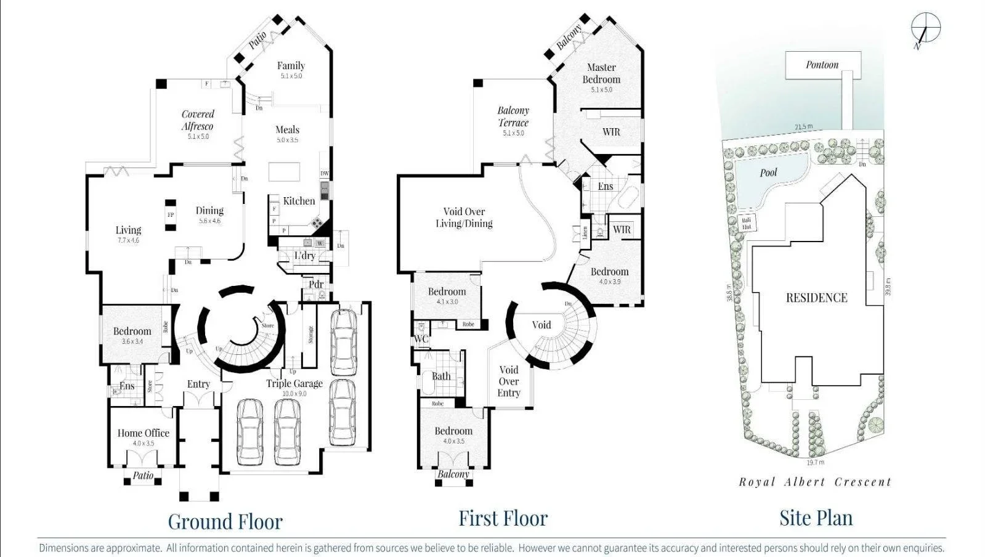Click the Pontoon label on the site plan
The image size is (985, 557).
(x=822, y=65)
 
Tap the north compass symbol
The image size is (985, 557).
(x=926, y=28)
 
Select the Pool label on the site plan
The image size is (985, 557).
(x=768, y=173)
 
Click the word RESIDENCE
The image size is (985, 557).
(x=816, y=298)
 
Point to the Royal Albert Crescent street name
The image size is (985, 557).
(x=815, y=482)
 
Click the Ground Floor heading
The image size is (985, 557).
(x=225, y=521)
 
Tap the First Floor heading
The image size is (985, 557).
(x=503, y=518)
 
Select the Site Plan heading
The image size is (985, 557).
(x=816, y=518)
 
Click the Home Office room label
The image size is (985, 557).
(x=143, y=433)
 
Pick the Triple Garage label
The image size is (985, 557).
(x=294, y=383)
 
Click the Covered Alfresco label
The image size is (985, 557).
(x=198, y=120)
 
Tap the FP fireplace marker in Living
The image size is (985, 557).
(x=171, y=215)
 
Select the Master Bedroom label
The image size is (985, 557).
(x=601, y=73)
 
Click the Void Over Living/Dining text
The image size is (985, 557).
(x=464, y=218)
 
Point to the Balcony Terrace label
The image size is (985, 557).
(x=513, y=116)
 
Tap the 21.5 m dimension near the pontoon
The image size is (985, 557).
(x=803, y=127)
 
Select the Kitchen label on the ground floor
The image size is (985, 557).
(x=299, y=201)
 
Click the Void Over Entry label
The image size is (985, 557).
(x=509, y=381)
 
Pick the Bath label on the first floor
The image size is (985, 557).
(x=441, y=376)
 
